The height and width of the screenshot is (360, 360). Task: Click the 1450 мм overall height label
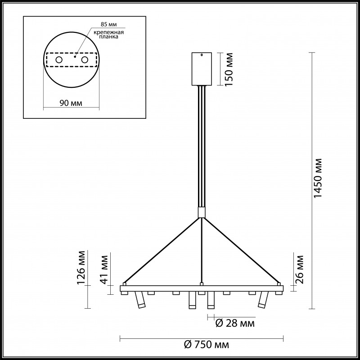click(319, 178)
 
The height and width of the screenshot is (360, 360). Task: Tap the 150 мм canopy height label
click(229, 69)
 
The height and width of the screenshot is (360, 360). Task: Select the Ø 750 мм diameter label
click(207, 345)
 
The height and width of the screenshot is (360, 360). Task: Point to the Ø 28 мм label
click(235, 324)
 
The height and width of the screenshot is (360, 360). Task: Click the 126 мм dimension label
click(81, 268)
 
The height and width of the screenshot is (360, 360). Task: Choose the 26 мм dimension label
click(299, 269)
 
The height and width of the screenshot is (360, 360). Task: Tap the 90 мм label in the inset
click(71, 103)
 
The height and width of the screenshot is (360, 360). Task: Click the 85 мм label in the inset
click(109, 24)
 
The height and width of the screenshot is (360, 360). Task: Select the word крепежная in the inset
click(109, 32)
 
